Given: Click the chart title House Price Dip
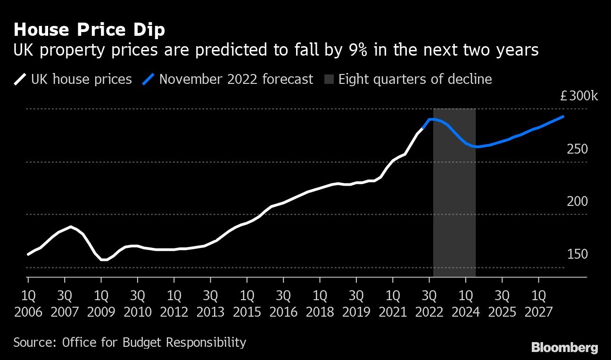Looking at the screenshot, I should [90, 30].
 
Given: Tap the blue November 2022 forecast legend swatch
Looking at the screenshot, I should [149, 79].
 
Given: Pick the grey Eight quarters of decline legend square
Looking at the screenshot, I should [329, 79].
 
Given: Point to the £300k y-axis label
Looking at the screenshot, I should [579, 97].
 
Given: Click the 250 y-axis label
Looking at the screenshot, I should [578, 149].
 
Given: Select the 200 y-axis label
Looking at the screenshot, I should [578, 202].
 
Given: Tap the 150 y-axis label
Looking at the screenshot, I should [578, 254].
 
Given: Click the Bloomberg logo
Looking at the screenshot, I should [565, 348].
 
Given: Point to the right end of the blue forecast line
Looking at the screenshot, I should [563, 116].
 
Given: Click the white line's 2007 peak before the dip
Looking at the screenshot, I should [71, 227].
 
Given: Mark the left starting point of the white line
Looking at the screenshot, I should [28, 254].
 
